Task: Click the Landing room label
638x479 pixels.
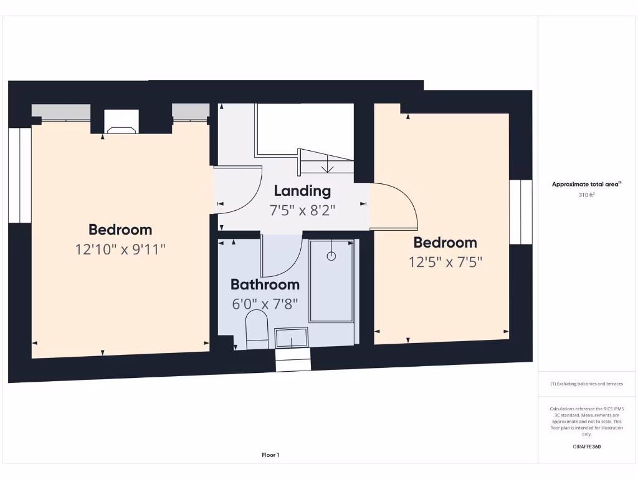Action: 302,191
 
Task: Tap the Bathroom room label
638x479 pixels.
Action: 265,285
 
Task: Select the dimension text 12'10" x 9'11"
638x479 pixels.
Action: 120,249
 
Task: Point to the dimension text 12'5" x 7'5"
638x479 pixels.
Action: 445,262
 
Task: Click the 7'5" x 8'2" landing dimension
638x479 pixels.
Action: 302,210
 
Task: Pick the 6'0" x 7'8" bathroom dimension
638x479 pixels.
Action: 265,304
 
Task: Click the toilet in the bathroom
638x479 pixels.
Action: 257,331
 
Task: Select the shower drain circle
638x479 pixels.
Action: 331,256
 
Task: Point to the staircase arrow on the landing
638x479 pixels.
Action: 326,165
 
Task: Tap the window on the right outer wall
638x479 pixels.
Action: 520,212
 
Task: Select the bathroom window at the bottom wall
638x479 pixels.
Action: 293,360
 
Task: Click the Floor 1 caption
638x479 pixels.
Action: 270,455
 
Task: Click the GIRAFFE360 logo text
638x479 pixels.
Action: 587,447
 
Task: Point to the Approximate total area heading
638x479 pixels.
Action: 586,184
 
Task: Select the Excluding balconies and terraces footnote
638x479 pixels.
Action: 586,384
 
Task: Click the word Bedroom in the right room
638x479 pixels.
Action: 445,243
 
